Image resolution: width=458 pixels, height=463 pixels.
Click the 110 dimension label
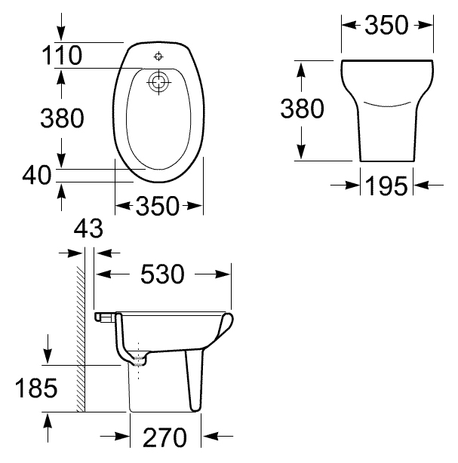pos(62,55)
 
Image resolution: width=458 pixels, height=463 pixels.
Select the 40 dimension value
pos(37,175)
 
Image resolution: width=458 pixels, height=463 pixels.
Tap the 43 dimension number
pos(88,228)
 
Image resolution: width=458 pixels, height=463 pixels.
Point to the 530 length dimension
pos(162,274)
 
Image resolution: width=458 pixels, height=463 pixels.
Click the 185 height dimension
pos(36,388)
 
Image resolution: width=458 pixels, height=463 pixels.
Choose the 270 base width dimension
pos(165,437)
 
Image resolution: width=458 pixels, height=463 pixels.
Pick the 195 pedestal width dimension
pos(386,186)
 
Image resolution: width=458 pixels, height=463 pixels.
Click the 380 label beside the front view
pos(302,109)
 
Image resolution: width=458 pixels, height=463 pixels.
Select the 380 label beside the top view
pos(62,118)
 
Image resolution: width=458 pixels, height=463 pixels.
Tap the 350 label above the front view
pos(386,25)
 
